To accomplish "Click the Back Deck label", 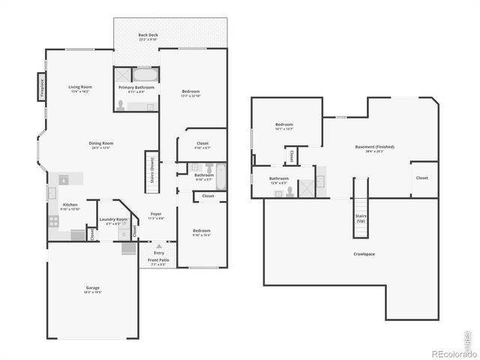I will coord(147,35).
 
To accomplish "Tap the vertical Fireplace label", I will coord(42,85).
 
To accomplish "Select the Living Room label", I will coord(79,87).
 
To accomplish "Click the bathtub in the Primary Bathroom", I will coord(145,75).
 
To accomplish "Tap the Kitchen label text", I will coord(70,205).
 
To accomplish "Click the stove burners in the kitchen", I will coord(53,220).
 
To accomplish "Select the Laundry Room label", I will coord(113,220).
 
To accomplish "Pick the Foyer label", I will coord(155,214).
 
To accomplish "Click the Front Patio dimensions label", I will coord(158,265).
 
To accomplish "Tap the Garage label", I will coord(92,288).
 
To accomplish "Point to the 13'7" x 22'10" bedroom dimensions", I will coord(190,96).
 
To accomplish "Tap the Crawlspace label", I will coord(364,253).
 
